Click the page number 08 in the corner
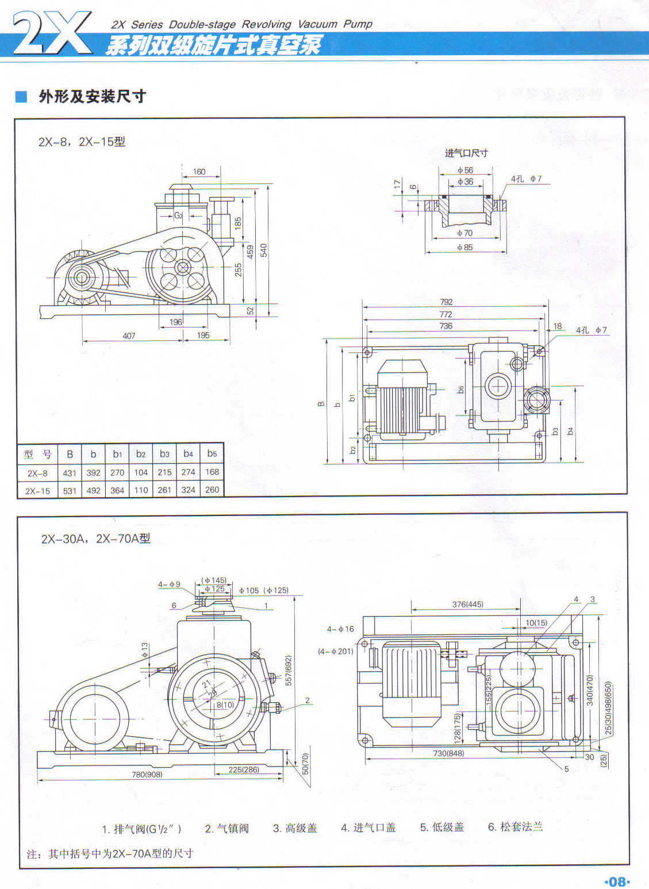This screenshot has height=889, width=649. tap(617, 881)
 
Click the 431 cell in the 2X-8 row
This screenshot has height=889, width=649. tap(70, 473)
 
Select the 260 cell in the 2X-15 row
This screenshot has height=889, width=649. tap(212, 490)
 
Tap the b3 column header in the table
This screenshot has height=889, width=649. tap(165, 454)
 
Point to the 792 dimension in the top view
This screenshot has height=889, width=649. tap(446, 302)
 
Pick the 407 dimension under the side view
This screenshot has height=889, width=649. tap(129, 336)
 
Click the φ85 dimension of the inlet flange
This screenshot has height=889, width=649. tap(464, 248)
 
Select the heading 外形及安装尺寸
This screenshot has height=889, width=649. tap(92, 97)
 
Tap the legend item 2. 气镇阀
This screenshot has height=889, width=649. tap(226, 828)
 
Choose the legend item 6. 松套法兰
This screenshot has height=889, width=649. tap(515, 827)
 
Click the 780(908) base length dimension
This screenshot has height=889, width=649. tap(147, 774)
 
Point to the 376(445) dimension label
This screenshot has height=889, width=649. tap(467, 604)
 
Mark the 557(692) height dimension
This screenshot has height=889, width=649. tap(289, 670)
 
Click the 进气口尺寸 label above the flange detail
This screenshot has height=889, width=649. tap(466, 153)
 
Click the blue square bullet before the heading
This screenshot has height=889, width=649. tap(21, 97)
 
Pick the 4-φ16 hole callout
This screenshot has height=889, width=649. tap(340, 629)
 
